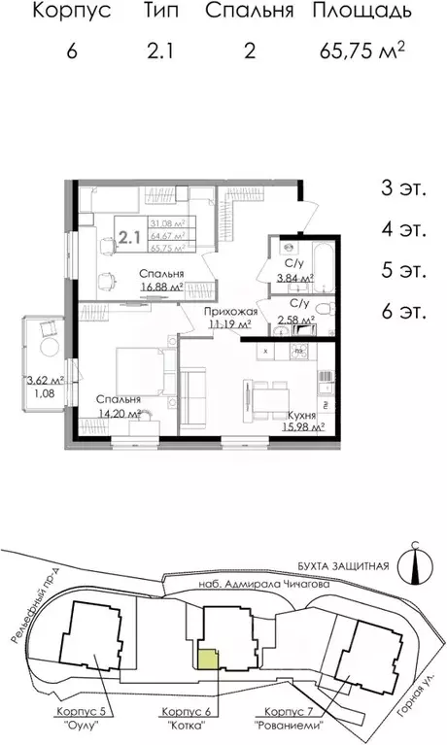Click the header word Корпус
72,12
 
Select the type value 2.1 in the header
159,51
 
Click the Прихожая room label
228,311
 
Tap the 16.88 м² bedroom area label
161,288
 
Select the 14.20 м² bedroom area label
119,413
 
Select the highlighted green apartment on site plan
208,659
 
